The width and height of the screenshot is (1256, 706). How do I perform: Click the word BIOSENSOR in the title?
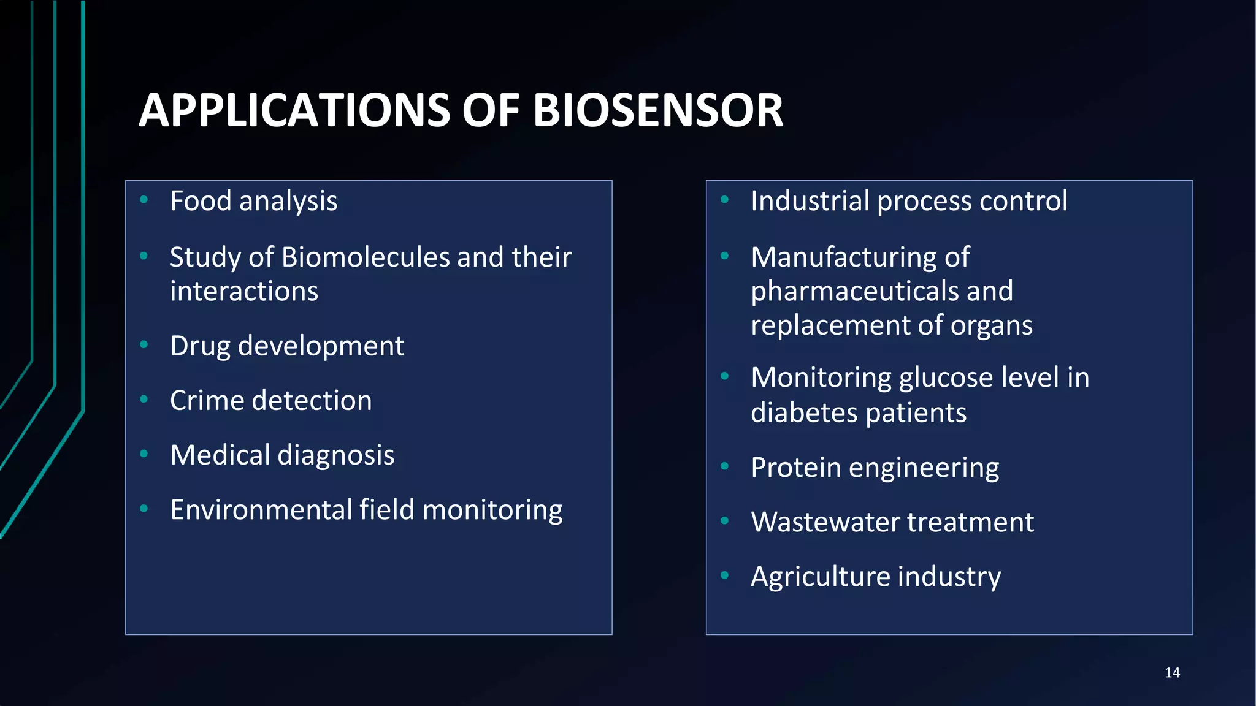tap(657, 111)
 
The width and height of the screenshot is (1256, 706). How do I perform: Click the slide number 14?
tap(1172, 673)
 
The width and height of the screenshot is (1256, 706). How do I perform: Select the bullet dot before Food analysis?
tap(144, 199)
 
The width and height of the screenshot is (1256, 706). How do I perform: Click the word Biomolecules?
tap(366, 257)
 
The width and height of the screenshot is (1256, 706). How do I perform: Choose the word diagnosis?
tap(335, 456)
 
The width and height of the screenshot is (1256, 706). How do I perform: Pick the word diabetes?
tap(804, 413)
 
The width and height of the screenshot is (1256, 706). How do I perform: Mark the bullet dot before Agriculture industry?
tap(725, 575)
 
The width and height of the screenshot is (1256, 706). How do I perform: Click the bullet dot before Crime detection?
tap(144, 399)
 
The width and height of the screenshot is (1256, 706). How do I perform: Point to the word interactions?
tap(244, 292)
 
